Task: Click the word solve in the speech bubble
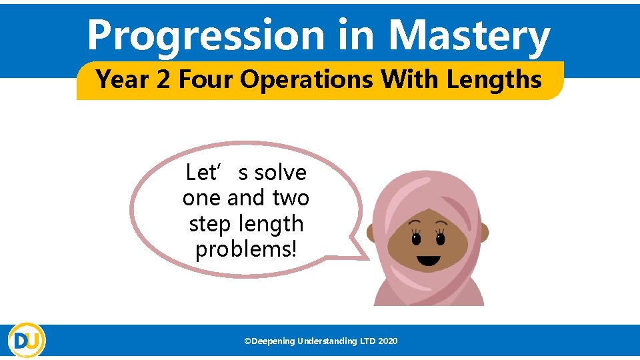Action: (281, 173)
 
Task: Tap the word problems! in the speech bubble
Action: (246, 249)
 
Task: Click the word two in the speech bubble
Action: (291, 198)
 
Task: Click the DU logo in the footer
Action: (27, 340)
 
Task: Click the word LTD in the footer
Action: (367, 341)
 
